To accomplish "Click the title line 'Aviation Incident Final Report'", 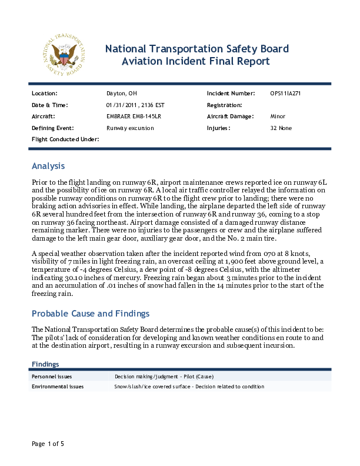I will (195, 61).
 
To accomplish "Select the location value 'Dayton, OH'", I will (121, 94).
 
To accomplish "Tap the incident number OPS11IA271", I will (286, 94).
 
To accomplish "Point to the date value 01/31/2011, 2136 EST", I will (131, 105).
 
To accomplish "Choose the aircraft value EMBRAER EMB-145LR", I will (134, 116).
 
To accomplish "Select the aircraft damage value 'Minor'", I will (278, 116).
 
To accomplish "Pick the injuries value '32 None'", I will (281, 128).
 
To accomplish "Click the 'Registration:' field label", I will (225, 105).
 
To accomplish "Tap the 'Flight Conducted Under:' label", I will (65, 139).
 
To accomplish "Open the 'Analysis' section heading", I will (48, 166).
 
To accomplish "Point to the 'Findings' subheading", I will (45, 364).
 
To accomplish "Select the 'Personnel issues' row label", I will (52, 376).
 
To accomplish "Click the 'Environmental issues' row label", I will (58, 387).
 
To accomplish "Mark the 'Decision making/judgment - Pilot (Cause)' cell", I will (164, 376).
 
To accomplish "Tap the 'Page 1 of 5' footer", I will (48, 443).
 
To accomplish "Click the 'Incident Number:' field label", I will (231, 94).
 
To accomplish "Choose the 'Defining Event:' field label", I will (52, 128).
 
